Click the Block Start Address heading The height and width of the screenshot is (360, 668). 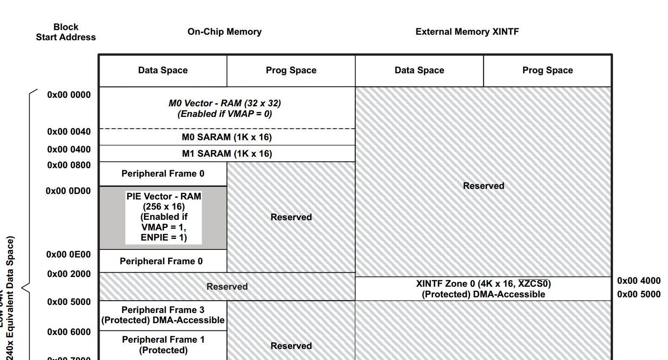[66, 32]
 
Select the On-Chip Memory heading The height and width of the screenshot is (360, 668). [225, 32]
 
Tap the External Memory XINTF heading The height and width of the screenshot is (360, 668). [467, 32]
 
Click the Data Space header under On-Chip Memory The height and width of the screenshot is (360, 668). [163, 70]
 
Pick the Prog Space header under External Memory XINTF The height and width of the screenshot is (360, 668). [547, 70]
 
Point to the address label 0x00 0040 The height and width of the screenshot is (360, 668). [69, 132]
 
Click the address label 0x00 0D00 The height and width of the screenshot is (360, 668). [68, 191]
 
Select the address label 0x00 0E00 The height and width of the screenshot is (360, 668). [68, 255]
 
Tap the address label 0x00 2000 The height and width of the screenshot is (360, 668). [69, 274]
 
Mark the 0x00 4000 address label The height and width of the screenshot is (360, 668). [638, 281]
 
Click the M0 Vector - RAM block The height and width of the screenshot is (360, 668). [225, 108]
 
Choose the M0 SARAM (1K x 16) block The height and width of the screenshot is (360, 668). [227, 137]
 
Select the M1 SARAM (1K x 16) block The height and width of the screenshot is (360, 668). [227, 154]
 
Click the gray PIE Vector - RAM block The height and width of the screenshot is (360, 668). [163, 217]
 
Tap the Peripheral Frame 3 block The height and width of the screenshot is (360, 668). [163, 315]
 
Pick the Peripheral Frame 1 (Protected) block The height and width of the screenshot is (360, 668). [163, 345]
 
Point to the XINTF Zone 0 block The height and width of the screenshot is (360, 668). [483, 289]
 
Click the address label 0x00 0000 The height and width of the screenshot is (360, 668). [69, 95]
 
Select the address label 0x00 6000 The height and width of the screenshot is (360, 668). [69, 332]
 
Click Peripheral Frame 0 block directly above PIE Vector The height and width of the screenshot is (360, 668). [163, 174]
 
